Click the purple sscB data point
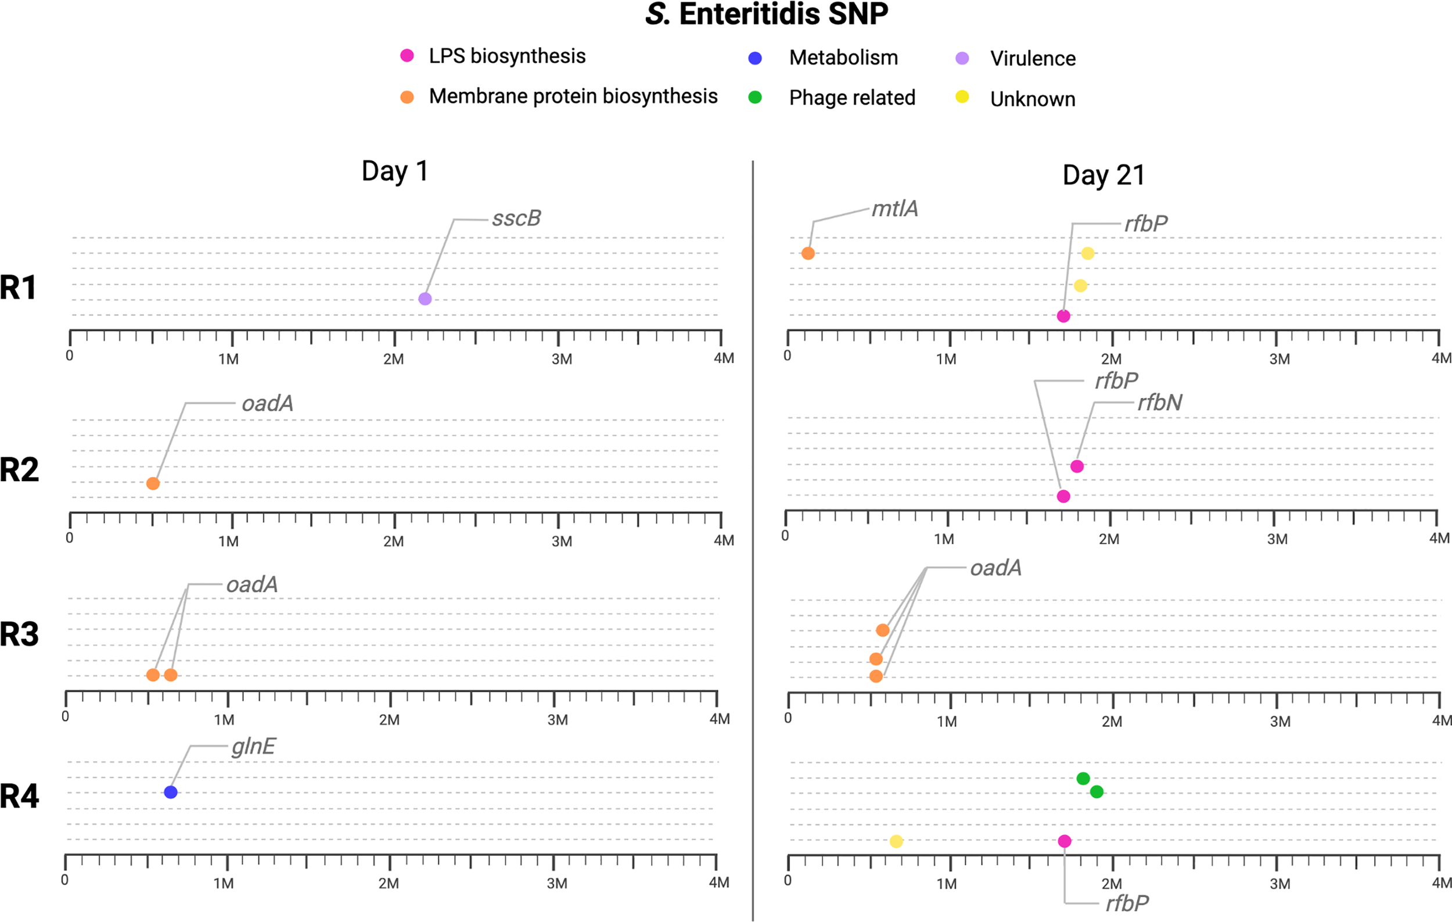(425, 299)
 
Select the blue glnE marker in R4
(171, 792)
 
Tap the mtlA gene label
(895, 209)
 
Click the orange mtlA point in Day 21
(808, 253)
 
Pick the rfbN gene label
(1159, 402)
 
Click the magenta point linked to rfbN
(1077, 466)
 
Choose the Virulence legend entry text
(1032, 59)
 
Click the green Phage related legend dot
(755, 97)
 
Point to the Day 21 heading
(1103, 175)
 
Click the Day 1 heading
(395, 171)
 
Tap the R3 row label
(19, 634)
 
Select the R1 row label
(18, 287)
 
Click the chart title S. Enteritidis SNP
(767, 14)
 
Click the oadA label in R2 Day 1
(267, 403)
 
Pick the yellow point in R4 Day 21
(896, 841)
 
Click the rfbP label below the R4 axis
(1127, 903)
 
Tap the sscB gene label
(516, 218)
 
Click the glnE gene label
(253, 746)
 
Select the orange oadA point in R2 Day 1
(153, 483)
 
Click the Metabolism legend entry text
(843, 58)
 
